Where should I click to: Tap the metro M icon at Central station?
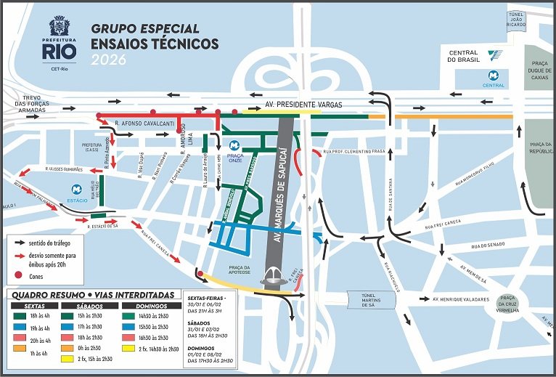(494, 75)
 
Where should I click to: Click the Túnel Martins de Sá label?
(372, 300)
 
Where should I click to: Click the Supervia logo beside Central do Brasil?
(495, 54)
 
